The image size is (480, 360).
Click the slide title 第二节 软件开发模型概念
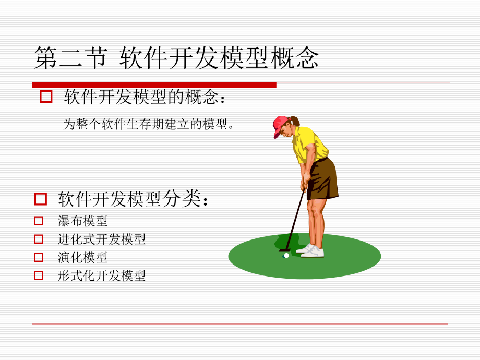coord(176,58)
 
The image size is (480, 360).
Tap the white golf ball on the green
coord(286,256)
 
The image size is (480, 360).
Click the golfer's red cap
coord(280,125)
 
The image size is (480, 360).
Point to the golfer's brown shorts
coord(322,179)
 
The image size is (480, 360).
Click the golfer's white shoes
coord(312,251)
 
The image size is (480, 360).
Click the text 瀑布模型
coord(83,221)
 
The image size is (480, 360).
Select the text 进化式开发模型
coord(102,239)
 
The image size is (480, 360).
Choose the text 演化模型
coord(83,257)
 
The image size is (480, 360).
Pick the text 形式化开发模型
coord(102,275)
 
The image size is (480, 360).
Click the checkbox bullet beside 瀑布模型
coord(39,221)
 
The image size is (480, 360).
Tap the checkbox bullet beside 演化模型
coord(39,257)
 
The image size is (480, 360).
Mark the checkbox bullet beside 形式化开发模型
coord(39,275)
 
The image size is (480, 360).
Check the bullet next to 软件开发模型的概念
coord(46,97)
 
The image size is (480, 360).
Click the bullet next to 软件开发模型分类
coord(41,199)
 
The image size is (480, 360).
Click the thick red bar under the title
coord(154,85)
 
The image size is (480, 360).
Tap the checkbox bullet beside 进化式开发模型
coord(39,239)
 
